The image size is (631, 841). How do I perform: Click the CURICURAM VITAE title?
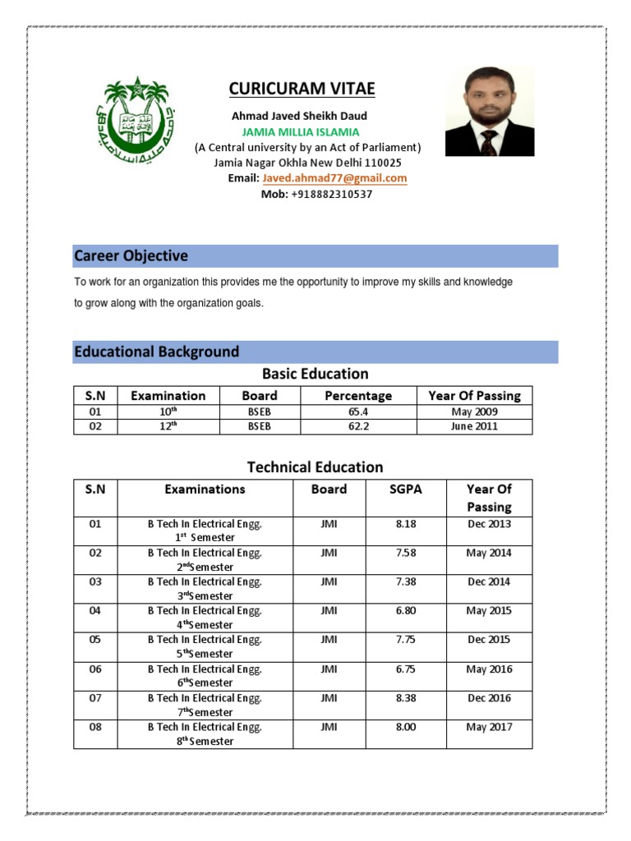point(301,89)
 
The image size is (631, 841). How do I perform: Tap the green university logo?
point(136,119)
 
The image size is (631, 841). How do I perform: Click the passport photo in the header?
point(489,111)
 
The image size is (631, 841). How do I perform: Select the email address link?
point(334,178)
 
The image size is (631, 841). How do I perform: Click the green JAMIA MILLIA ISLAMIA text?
point(301,132)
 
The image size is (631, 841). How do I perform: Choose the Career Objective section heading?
point(131,256)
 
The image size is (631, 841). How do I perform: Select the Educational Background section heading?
point(157,352)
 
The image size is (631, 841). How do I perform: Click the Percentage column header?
point(358,395)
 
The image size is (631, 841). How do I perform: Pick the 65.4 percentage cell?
point(358,412)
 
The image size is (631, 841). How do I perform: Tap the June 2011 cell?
point(474,427)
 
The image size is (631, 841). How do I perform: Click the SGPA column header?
point(406,489)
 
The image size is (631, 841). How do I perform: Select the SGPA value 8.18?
point(406,524)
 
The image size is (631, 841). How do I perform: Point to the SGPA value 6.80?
point(406,611)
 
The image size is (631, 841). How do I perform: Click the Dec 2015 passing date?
point(489,640)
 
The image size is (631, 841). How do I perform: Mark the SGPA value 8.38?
point(406,698)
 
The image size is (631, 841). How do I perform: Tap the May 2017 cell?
point(489,727)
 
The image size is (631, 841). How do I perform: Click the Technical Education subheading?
point(315,467)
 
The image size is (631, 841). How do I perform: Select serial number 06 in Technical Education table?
point(96,669)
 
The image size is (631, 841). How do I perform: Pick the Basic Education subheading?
point(315,374)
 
